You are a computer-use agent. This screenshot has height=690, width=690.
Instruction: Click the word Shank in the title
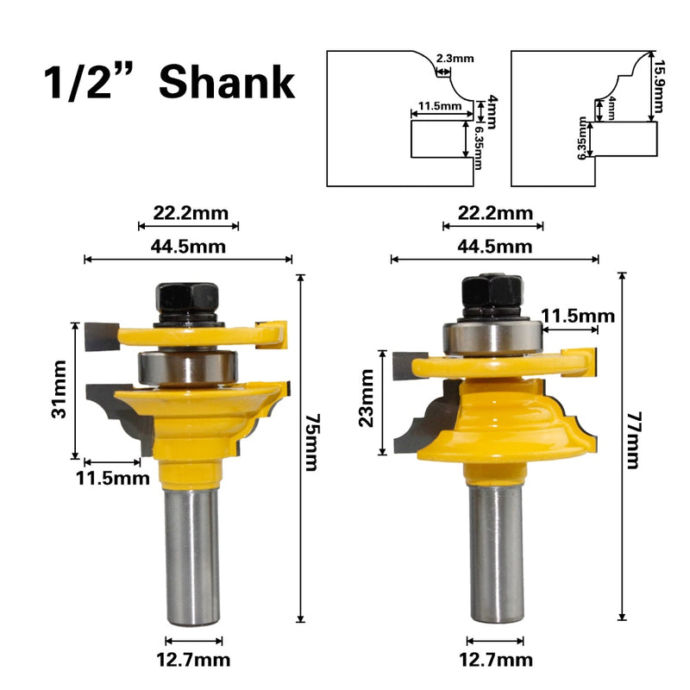click(227, 82)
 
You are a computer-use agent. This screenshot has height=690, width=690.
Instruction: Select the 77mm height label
click(633, 440)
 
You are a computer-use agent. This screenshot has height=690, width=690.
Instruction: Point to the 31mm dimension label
click(59, 389)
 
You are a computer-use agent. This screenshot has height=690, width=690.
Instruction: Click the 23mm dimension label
click(366, 398)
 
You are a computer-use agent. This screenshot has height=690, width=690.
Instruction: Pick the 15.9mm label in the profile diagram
click(659, 87)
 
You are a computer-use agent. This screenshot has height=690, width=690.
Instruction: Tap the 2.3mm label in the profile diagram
click(455, 58)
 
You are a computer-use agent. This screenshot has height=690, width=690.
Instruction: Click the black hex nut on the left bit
click(186, 298)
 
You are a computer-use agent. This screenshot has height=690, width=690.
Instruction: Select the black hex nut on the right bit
click(492, 292)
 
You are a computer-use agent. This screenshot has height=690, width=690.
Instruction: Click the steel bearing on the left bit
click(188, 367)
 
